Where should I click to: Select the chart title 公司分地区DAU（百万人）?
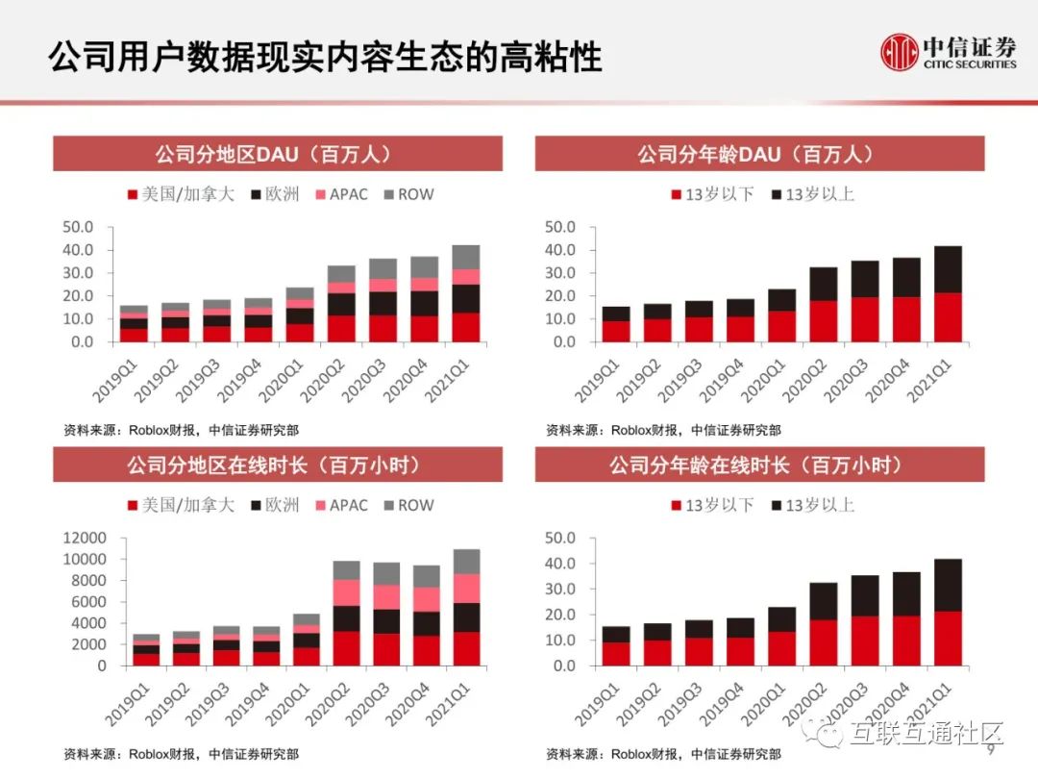pos(277,154)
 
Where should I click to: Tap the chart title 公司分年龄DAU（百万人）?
pos(759,154)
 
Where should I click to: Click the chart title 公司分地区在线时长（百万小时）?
pos(277,465)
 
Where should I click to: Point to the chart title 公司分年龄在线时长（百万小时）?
pos(759,465)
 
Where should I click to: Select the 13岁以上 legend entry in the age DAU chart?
pos(812,194)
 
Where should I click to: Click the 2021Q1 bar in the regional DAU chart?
pos(466,293)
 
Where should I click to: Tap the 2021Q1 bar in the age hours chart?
pos(948,612)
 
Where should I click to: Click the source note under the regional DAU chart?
pos(180,430)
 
